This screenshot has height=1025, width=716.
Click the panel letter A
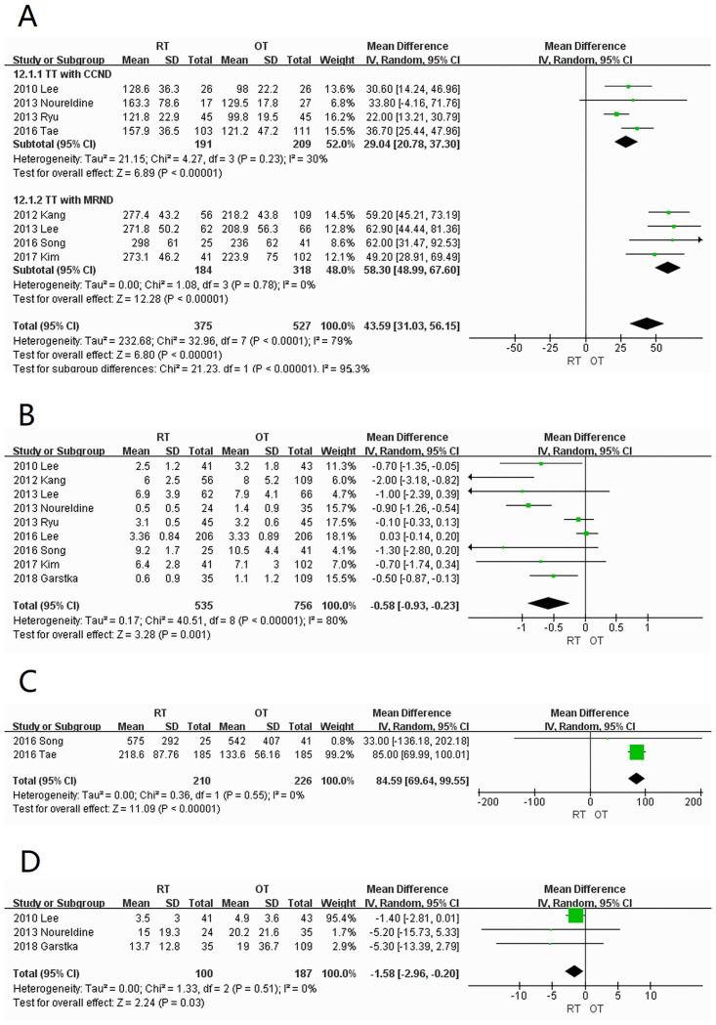tap(28, 17)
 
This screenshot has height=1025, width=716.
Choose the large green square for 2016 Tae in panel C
tap(637, 751)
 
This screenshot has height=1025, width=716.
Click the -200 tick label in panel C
tap(480, 801)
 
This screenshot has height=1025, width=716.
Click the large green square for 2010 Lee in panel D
tap(575, 916)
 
